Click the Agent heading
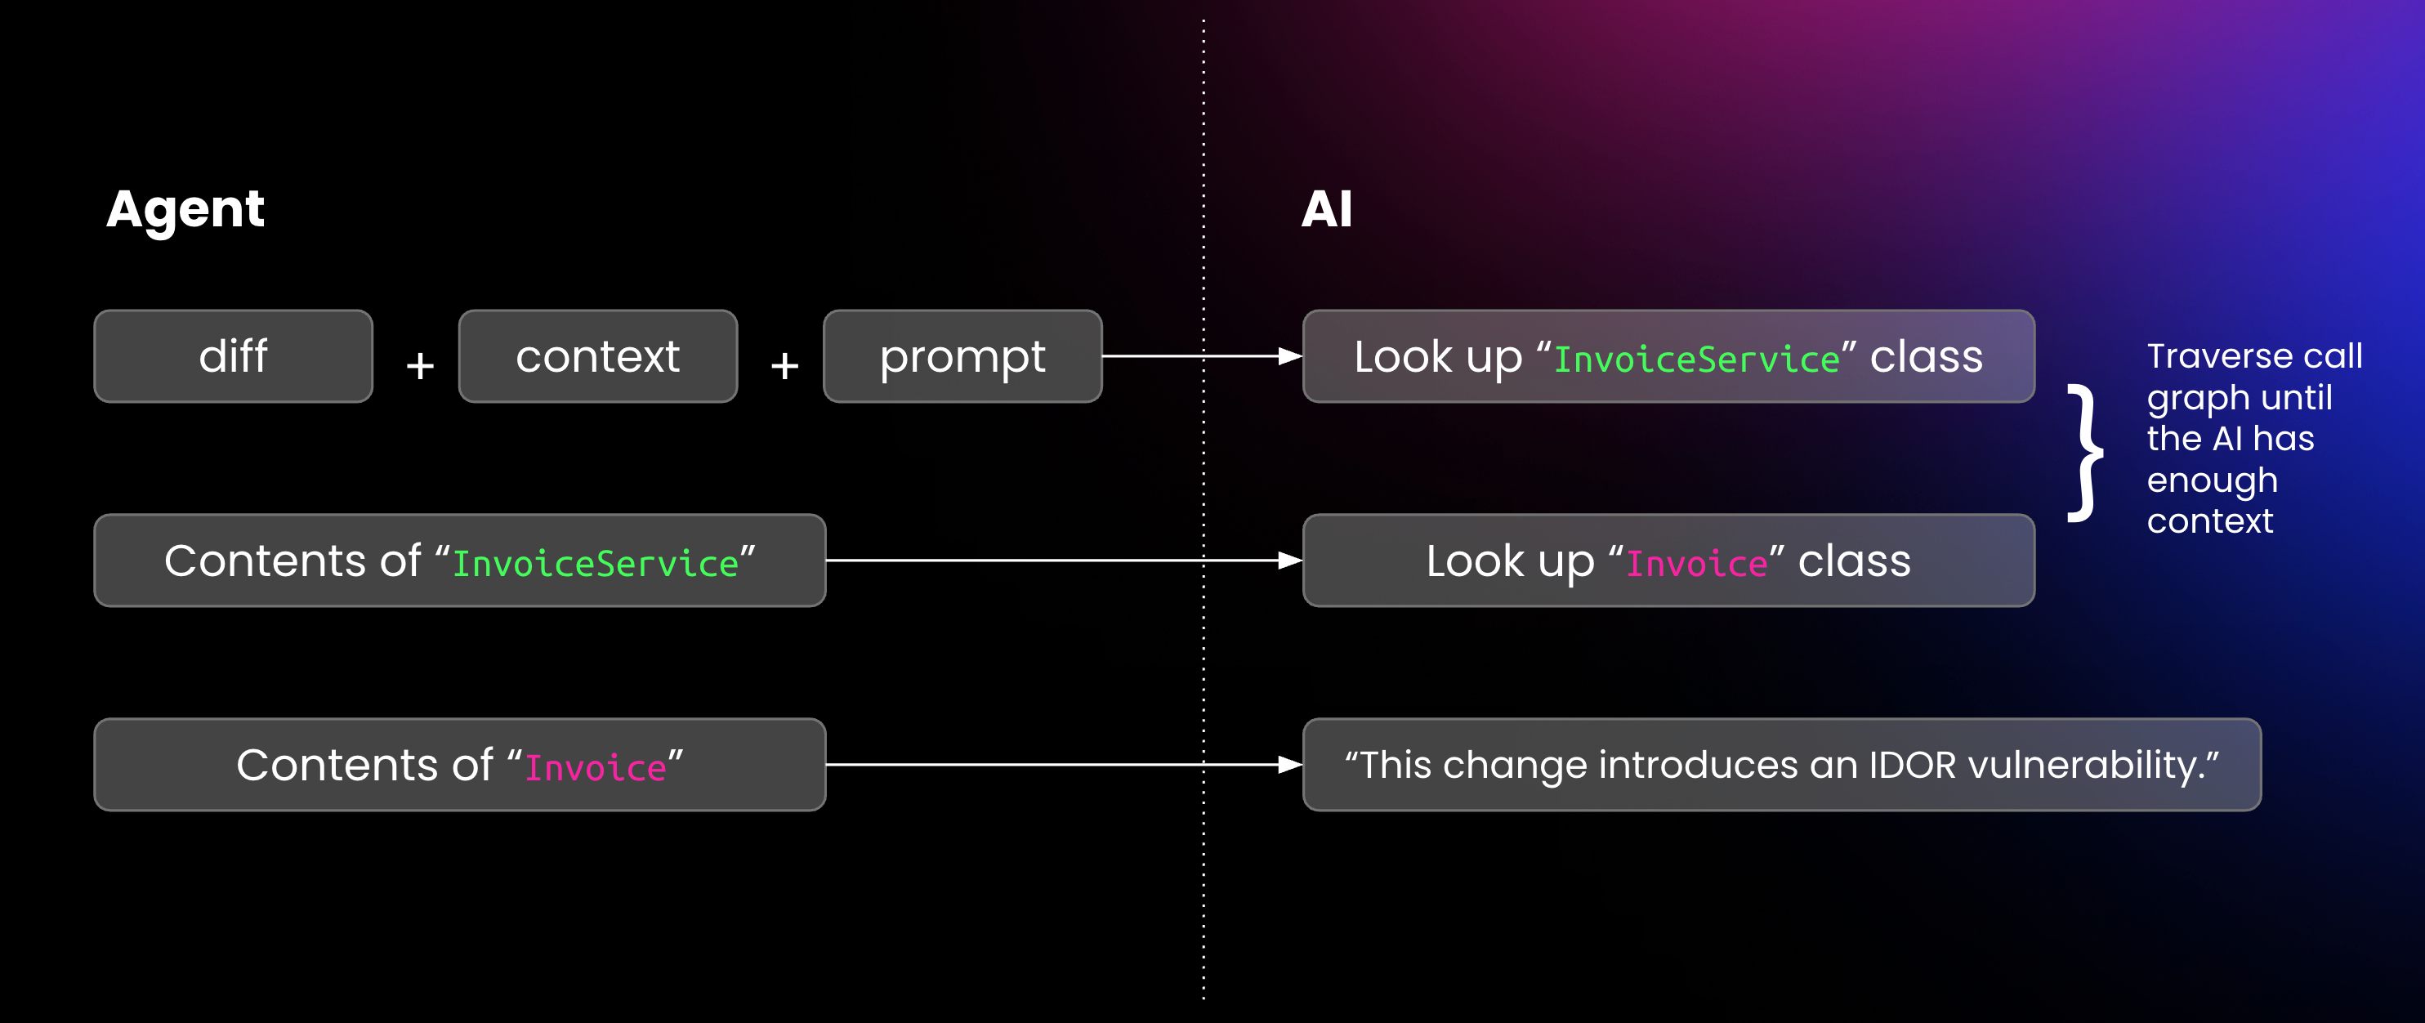point(185,210)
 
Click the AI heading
point(1326,209)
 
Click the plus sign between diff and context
point(420,365)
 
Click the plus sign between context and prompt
point(784,365)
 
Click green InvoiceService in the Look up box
point(1696,360)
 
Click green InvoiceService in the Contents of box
point(595,564)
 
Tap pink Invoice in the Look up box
point(1696,564)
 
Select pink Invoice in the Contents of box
point(595,768)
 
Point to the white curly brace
point(2086,453)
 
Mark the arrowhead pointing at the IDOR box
point(1289,765)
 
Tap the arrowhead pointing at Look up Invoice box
point(1289,561)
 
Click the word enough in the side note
point(2213,480)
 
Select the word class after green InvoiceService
point(1926,358)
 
